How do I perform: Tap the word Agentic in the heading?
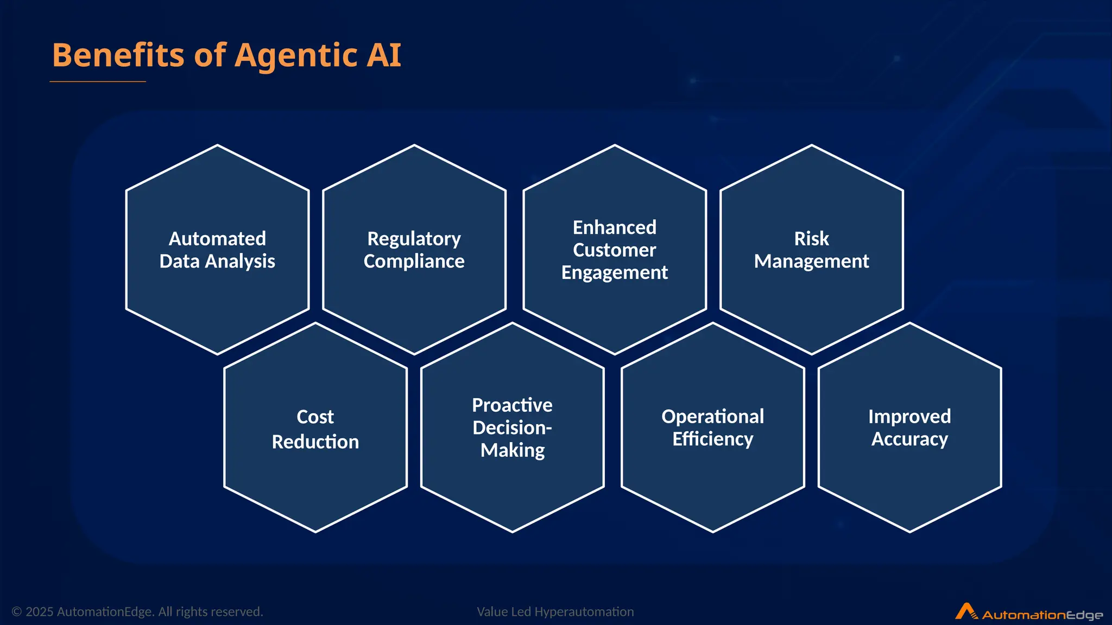click(295, 55)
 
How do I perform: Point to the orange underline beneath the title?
click(98, 81)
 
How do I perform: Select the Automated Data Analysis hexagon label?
click(217, 250)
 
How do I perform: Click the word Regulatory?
click(414, 239)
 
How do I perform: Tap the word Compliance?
click(414, 262)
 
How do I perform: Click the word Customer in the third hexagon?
click(614, 250)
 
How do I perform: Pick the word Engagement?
click(614, 272)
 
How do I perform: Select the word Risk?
click(811, 239)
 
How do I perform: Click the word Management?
click(811, 262)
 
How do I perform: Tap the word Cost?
click(315, 417)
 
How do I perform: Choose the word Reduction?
click(315, 442)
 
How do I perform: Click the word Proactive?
click(512, 405)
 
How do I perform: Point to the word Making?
click(512, 450)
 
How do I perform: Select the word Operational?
click(712, 417)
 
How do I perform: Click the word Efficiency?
click(712, 439)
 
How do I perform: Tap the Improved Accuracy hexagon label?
click(909, 428)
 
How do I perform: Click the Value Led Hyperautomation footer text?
click(555, 612)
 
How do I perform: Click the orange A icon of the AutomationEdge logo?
click(965, 611)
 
